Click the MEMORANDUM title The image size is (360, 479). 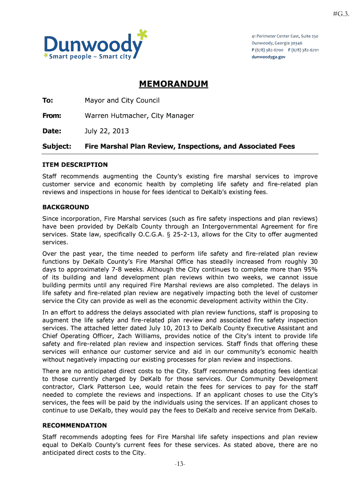[x=173, y=84]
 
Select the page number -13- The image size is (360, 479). [x=180, y=464]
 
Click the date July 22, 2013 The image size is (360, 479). [x=107, y=131]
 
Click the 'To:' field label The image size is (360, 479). [x=48, y=101]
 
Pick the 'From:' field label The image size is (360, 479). [x=52, y=116]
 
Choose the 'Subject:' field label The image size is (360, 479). [x=57, y=146]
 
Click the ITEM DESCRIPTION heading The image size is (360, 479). [x=75, y=165]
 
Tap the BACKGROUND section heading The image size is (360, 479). [x=65, y=207]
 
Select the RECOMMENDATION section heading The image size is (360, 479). [x=74, y=425]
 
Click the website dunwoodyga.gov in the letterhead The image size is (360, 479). [x=268, y=57]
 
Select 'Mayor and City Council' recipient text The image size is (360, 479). [x=122, y=101]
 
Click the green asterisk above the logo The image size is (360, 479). [x=142, y=34]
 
